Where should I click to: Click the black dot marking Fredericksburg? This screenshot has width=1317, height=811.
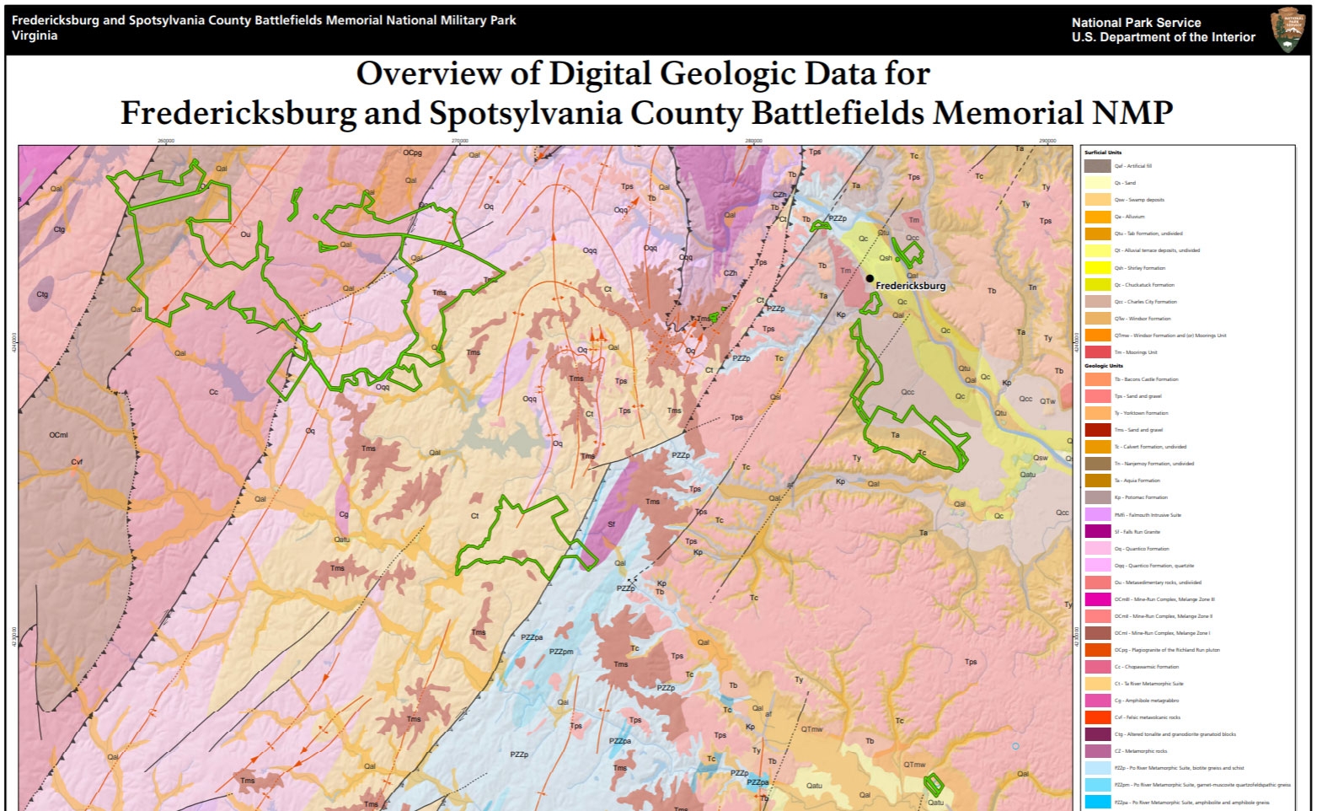pos(870,278)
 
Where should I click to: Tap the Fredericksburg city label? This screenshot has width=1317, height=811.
pos(910,286)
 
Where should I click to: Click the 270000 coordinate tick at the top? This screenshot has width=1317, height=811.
pos(459,141)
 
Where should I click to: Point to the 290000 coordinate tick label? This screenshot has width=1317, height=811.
pos(1047,141)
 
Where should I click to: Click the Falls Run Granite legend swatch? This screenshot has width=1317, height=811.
pos(1097,532)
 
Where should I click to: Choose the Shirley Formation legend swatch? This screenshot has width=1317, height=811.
pos(1097,268)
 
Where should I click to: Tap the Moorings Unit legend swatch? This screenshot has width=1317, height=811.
pos(1097,352)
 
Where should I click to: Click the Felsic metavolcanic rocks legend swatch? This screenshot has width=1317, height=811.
pos(1097,717)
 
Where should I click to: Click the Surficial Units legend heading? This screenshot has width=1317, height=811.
pos(1102,153)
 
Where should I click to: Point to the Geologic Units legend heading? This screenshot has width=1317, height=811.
pos(1103,366)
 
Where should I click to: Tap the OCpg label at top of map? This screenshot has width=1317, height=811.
pos(412,153)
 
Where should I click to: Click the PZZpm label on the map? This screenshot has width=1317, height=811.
pos(561,652)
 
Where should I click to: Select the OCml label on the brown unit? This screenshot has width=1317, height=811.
pos(58,435)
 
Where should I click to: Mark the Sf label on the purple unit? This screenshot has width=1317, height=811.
pos(612,524)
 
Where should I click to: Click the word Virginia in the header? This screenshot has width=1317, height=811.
pos(35,35)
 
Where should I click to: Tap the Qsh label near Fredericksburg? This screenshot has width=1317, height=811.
pos(886,258)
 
